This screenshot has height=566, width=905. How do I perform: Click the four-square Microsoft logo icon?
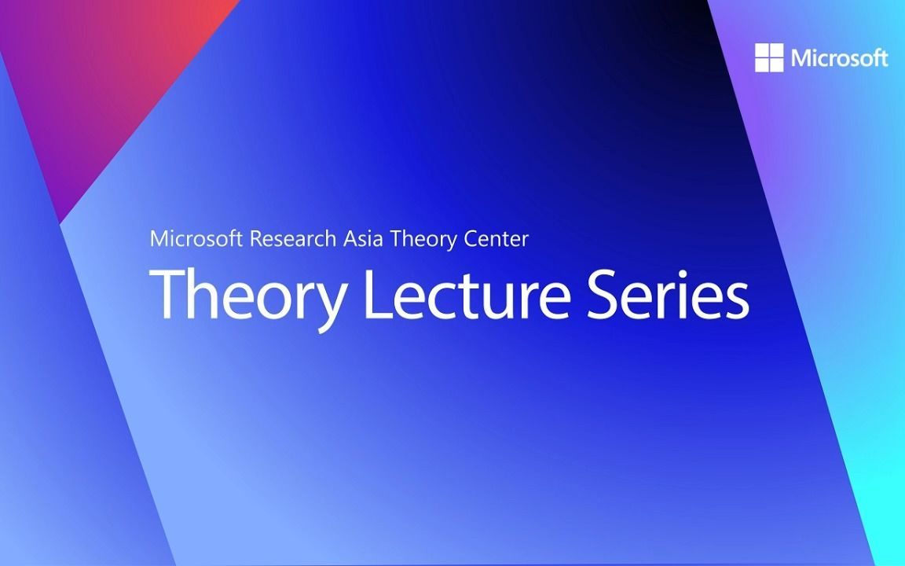pos(769,57)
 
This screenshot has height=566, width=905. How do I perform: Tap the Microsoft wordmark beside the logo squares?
pos(840,58)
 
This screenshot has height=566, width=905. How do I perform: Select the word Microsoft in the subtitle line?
pos(196,238)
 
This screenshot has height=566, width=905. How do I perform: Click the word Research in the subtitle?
pos(293,238)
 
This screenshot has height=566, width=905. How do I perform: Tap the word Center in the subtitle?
pos(495,238)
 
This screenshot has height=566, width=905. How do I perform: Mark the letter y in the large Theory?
pos(328,303)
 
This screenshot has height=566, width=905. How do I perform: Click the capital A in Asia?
pos(350,238)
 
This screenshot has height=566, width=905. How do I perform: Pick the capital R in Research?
pos(256,238)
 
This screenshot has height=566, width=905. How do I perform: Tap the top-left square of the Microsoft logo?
pos(762,50)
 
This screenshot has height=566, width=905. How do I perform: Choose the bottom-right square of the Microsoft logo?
pos(776,64)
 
